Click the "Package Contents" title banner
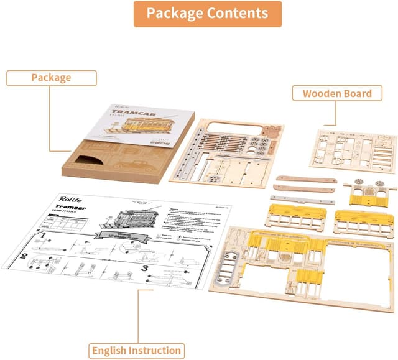coord(207,14)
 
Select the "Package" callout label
coord(51,78)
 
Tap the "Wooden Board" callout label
coord(337,94)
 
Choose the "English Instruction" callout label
coord(136,350)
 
